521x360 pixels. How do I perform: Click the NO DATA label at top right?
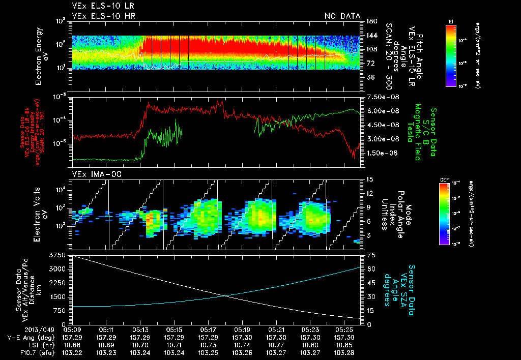pyautogui.click(x=342, y=16)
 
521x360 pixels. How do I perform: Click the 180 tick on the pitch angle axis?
pyautogui.click(x=371, y=21)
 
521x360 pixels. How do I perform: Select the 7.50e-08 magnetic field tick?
pyautogui.click(x=379, y=97)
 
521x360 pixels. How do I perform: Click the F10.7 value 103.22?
pyautogui.click(x=72, y=351)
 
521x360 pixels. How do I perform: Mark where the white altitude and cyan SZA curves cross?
pyautogui.click(x=226, y=296)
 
